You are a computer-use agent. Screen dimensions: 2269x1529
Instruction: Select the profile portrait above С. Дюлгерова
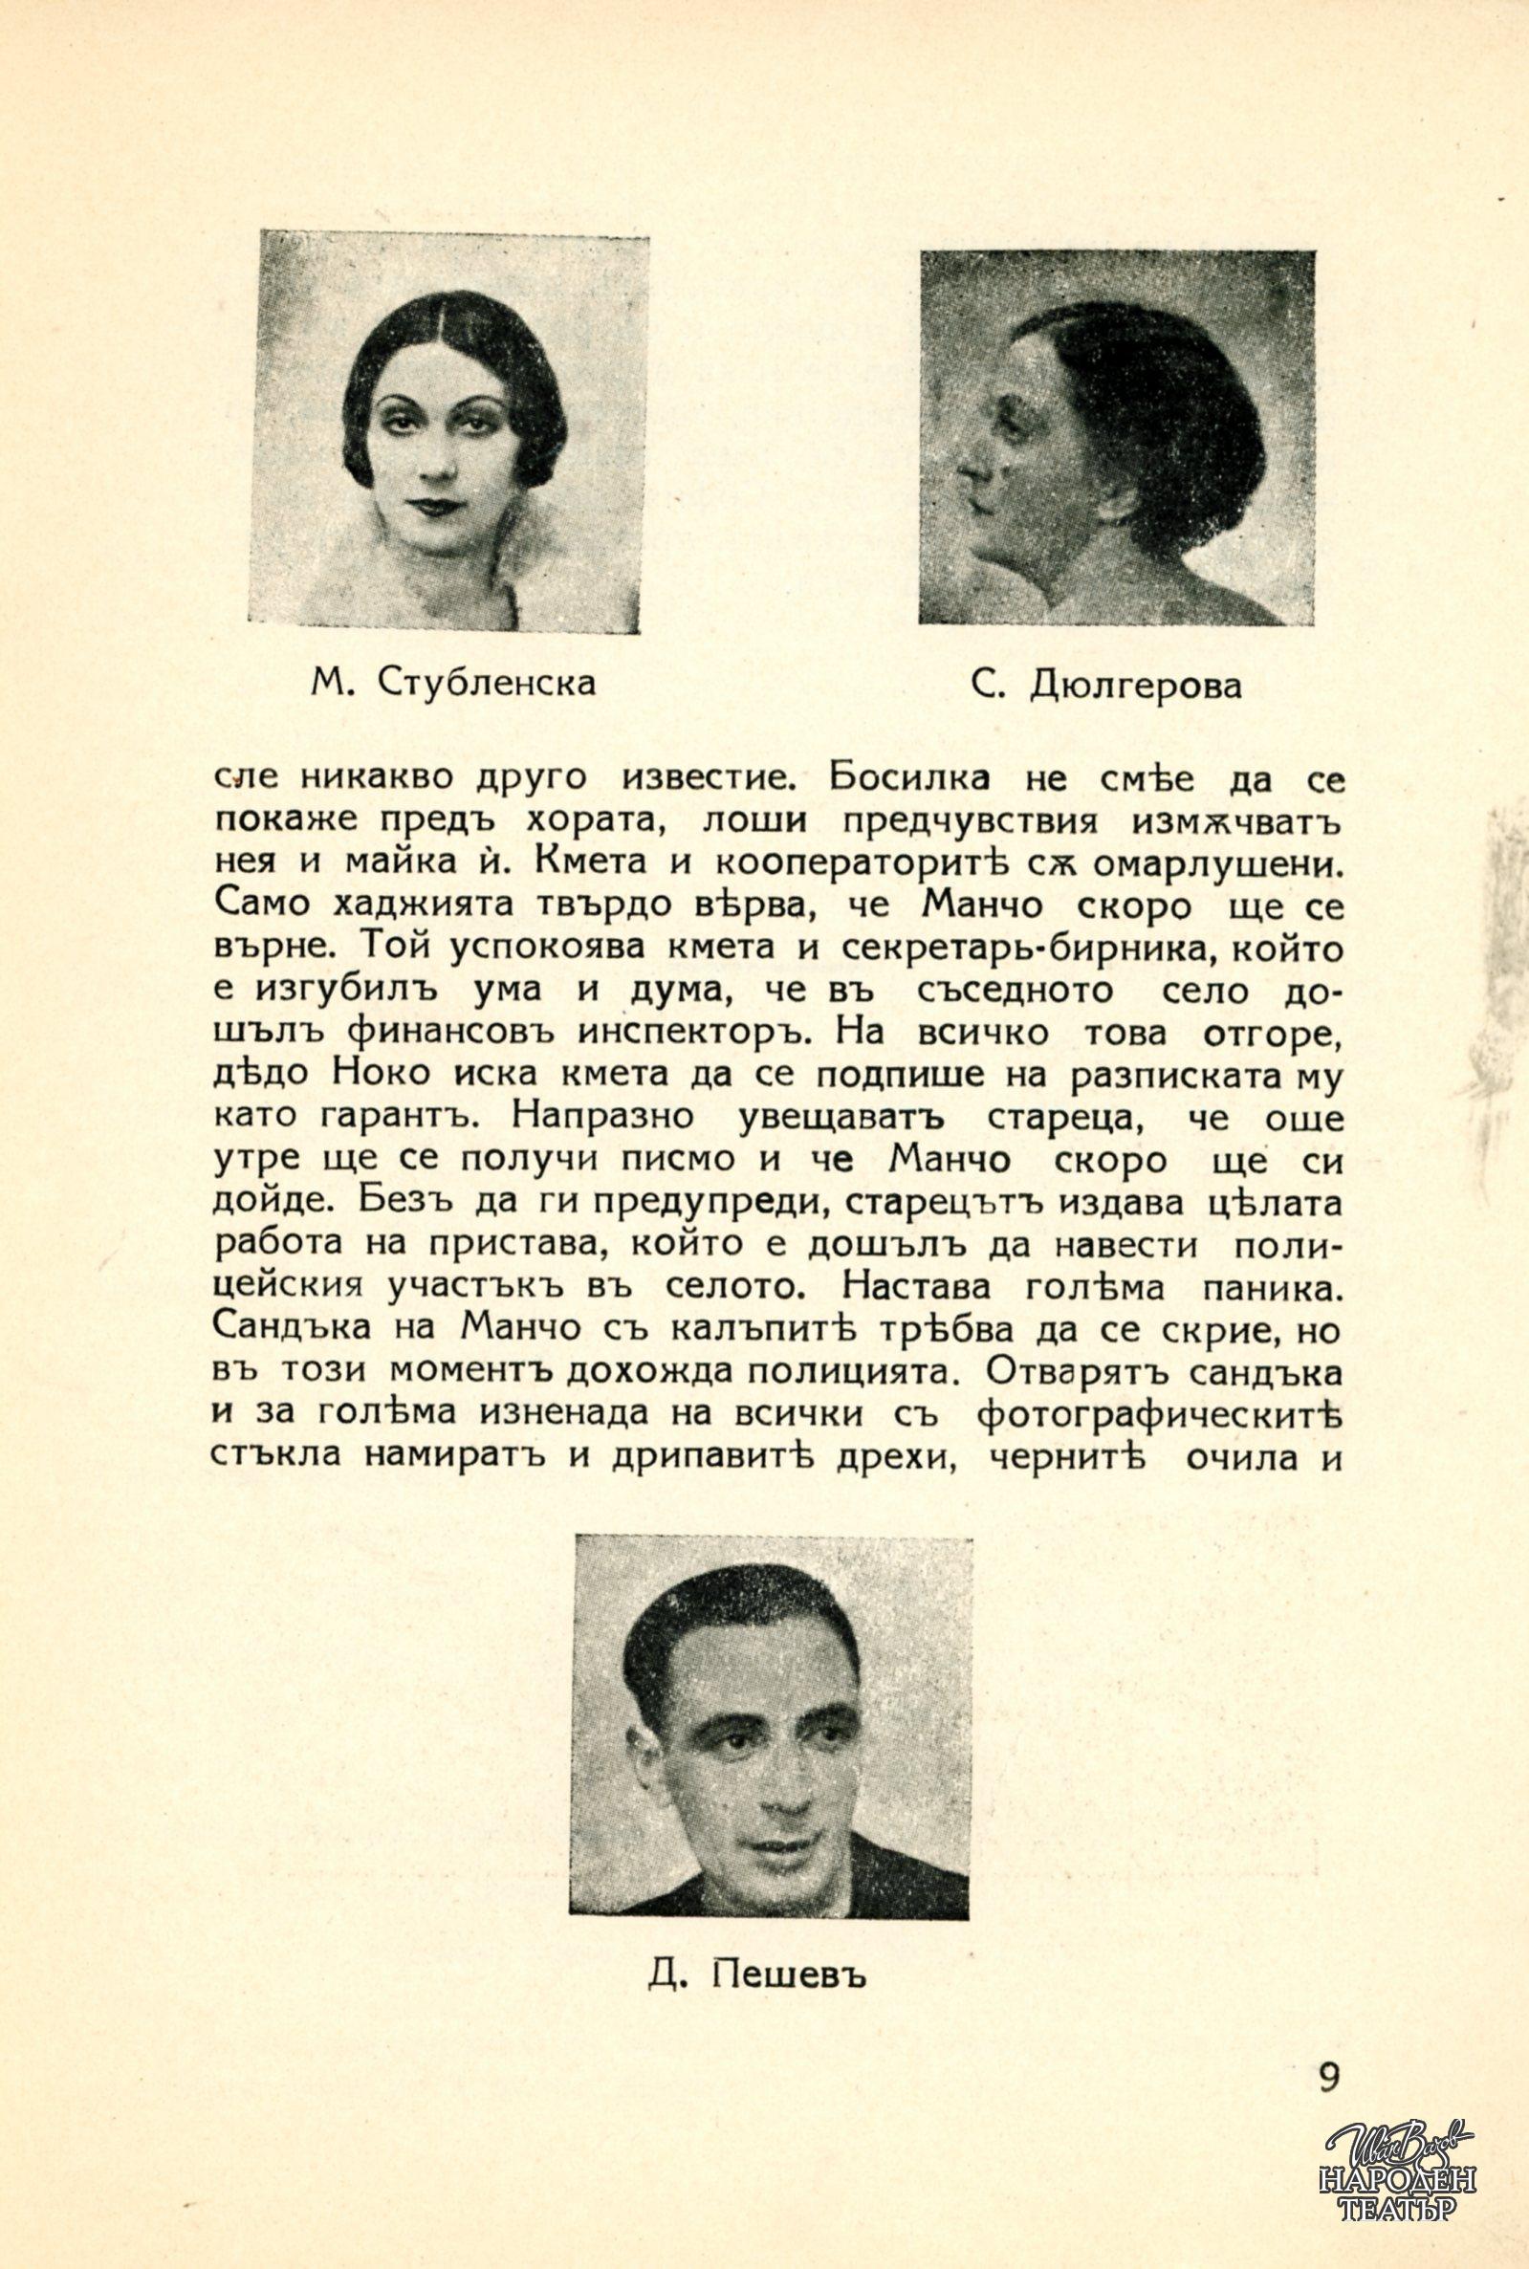pos(1103,437)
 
